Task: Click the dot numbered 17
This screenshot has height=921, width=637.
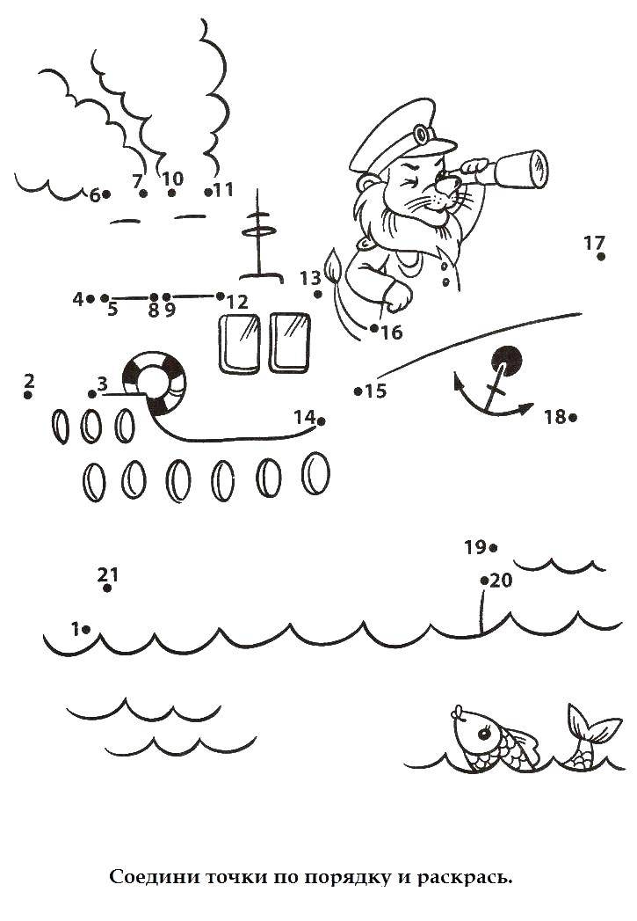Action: [601, 257]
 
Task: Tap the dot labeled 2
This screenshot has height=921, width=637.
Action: [27, 395]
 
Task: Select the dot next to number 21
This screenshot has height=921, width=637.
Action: [107, 588]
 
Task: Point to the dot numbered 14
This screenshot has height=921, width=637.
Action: [321, 421]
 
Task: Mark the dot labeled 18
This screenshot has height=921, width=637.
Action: [573, 418]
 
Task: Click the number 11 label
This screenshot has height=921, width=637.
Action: [223, 190]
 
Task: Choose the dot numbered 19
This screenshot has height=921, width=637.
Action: [493, 548]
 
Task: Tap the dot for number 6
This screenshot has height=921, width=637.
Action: [107, 194]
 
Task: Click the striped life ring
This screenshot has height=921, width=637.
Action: [155, 383]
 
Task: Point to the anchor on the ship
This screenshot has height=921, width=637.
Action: [496, 383]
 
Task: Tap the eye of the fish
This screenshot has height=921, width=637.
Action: [485, 734]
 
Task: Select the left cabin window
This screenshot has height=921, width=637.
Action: [239, 344]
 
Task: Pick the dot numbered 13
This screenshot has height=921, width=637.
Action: [318, 295]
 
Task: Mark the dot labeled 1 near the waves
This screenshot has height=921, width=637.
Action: [85, 630]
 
